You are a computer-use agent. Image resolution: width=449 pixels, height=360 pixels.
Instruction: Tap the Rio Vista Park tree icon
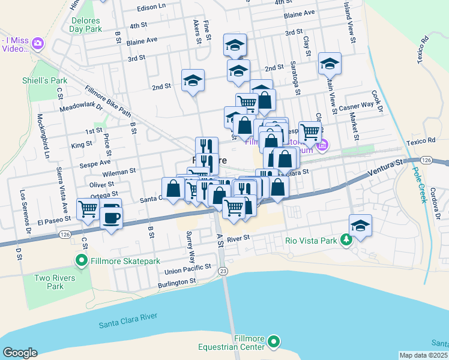(346, 241)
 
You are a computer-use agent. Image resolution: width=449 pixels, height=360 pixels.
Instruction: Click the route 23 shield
(223, 271)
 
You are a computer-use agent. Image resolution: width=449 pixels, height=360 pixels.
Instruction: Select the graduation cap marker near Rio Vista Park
(361, 226)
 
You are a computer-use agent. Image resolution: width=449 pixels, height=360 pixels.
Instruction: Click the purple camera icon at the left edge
(38, 43)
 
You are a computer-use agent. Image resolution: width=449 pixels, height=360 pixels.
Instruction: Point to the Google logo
(20, 353)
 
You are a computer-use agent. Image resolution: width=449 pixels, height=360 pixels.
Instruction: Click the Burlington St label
(176, 281)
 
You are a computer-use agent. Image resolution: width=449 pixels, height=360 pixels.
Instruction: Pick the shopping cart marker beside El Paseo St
(88, 209)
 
